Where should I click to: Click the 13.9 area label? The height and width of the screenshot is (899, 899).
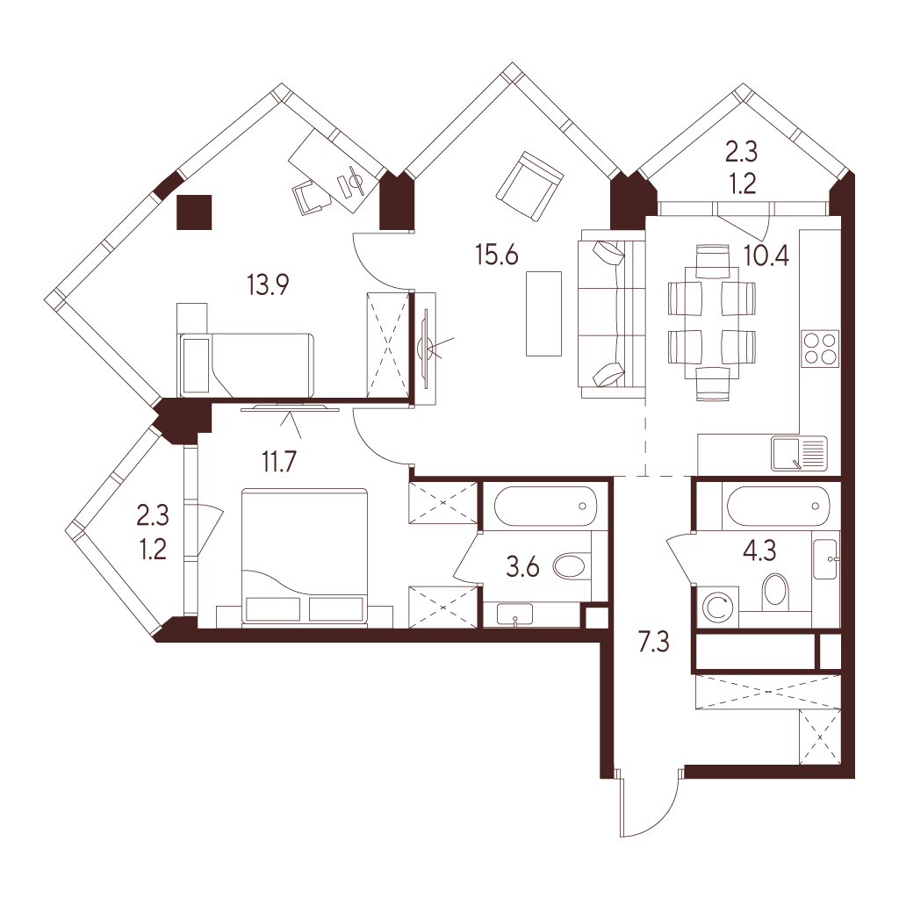point(268,284)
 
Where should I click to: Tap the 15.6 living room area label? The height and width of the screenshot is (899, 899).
point(497,254)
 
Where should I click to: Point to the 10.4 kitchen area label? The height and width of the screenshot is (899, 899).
point(766,255)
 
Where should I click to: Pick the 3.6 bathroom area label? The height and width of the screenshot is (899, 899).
point(523,567)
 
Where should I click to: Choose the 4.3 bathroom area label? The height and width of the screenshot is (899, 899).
point(759,551)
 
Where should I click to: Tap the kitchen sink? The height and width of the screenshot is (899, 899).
point(799,453)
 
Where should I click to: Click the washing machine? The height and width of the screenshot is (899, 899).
point(716,608)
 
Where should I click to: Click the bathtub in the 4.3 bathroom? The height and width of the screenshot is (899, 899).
point(778,506)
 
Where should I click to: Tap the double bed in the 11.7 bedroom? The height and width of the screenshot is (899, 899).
point(305,556)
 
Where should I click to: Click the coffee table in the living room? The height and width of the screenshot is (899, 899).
point(543,313)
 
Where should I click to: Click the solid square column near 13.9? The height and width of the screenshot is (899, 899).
point(194,212)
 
